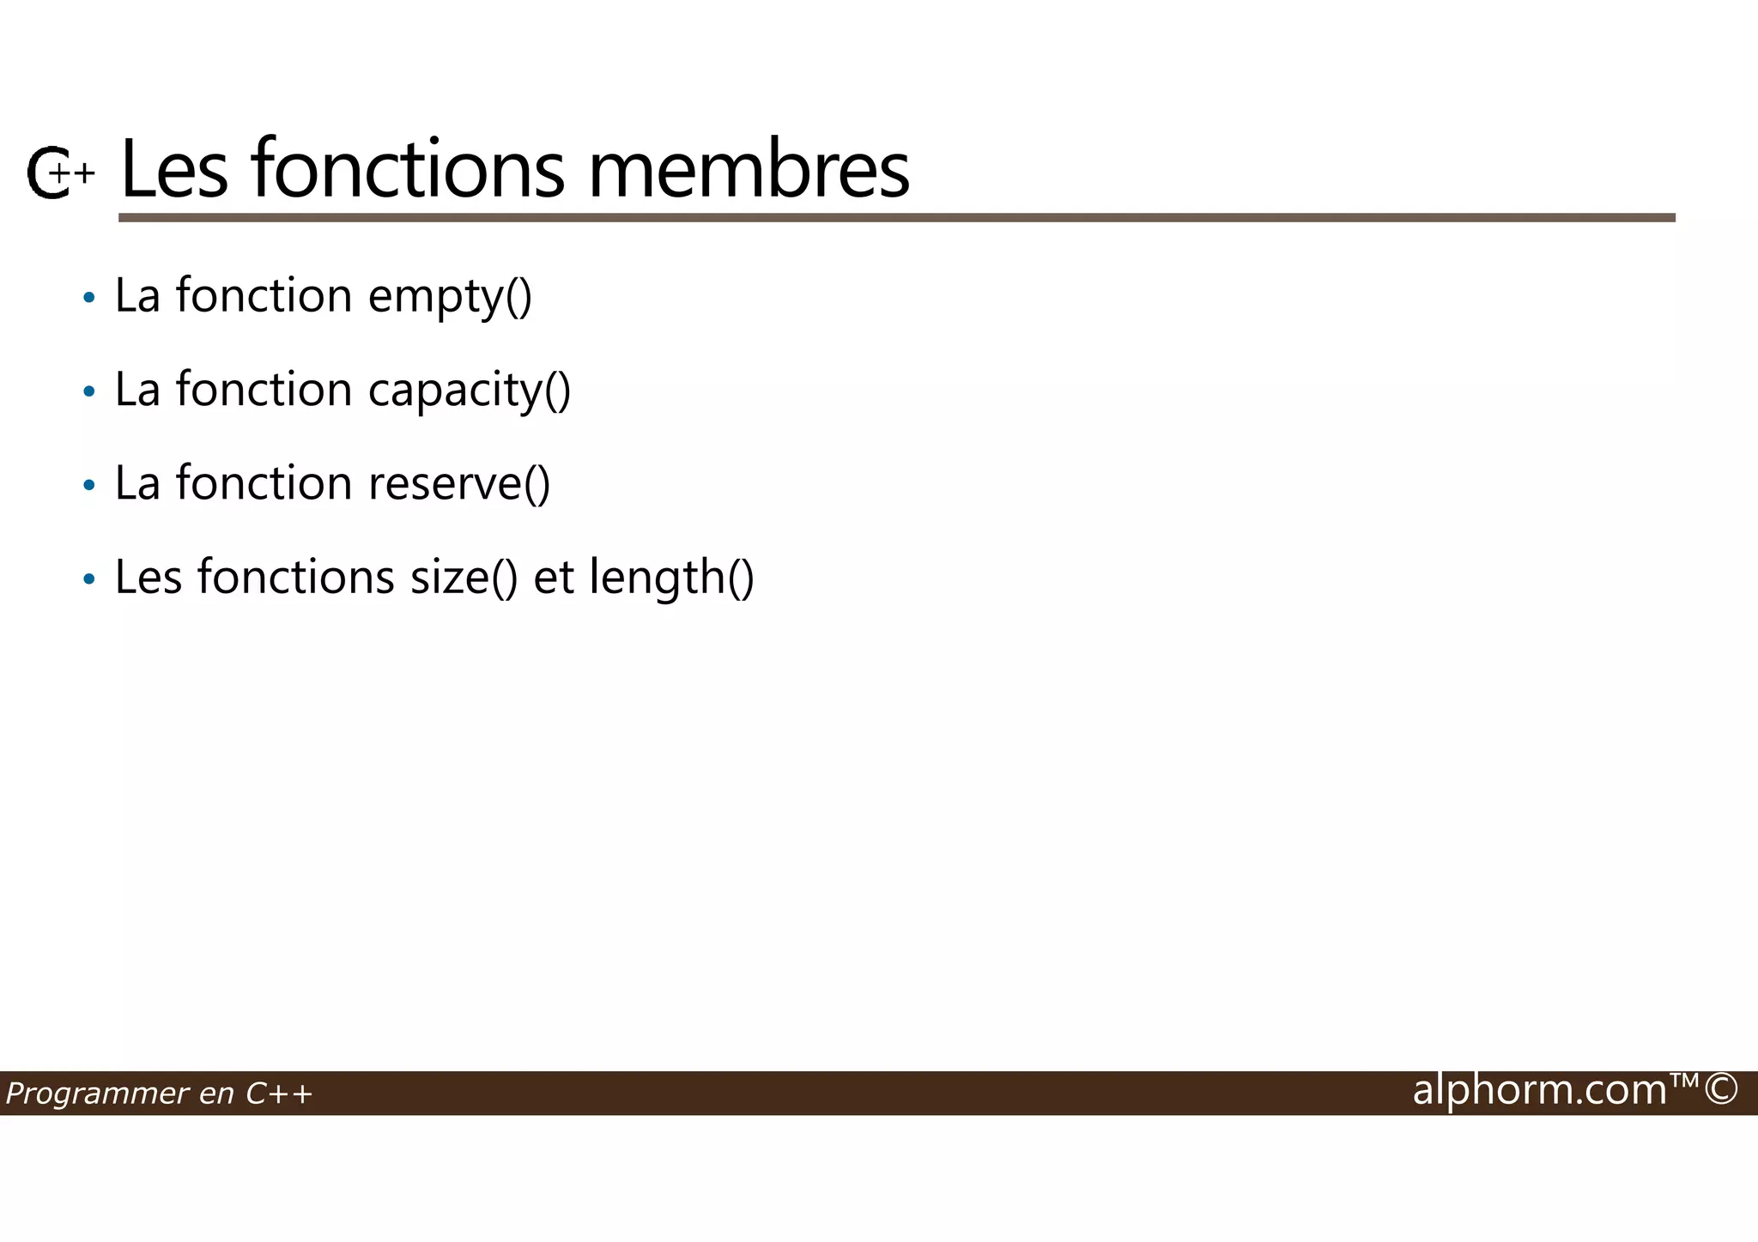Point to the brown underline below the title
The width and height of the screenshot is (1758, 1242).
point(896,218)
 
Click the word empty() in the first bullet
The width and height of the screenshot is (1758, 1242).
point(450,297)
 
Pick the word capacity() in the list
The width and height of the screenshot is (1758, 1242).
point(469,391)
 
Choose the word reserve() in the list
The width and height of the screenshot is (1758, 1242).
point(459,483)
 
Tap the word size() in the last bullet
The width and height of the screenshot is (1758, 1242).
point(464,577)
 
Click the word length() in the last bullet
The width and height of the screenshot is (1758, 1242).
point(671,577)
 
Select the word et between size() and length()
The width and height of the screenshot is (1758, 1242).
point(554,577)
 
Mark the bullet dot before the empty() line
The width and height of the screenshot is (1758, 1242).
point(88,299)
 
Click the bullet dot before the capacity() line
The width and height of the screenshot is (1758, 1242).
point(88,392)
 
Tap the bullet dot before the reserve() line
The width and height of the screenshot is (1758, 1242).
point(88,486)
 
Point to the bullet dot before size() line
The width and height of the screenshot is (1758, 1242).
point(88,579)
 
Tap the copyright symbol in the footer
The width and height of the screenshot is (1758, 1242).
point(1720,1090)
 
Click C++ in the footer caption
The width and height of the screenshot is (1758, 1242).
point(279,1094)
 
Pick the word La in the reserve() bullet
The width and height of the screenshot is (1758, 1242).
point(137,483)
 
